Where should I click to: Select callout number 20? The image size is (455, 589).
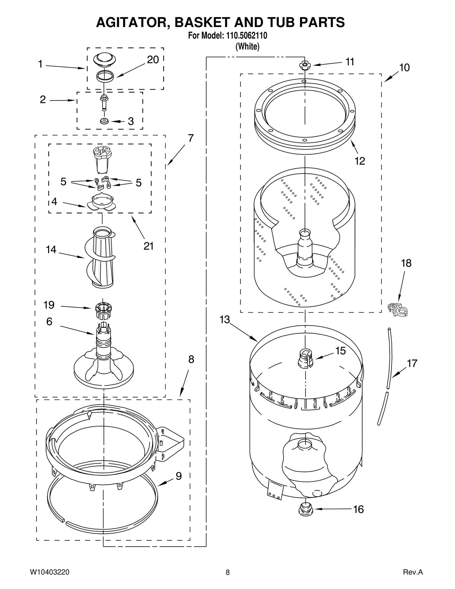pyautogui.click(x=153, y=60)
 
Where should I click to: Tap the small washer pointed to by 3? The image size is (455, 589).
pyautogui.click(x=104, y=121)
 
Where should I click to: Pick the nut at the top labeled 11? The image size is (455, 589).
pyautogui.click(x=305, y=65)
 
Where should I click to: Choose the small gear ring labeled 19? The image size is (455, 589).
pyautogui.click(x=103, y=308)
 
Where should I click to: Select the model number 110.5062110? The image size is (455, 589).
pyautogui.click(x=246, y=36)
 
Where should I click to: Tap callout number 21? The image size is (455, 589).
pyautogui.click(x=148, y=246)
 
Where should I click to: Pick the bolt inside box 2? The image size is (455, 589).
pyautogui.click(x=104, y=103)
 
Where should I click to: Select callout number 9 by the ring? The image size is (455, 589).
pyautogui.click(x=179, y=476)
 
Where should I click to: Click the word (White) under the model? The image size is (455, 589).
pyautogui.click(x=247, y=46)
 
